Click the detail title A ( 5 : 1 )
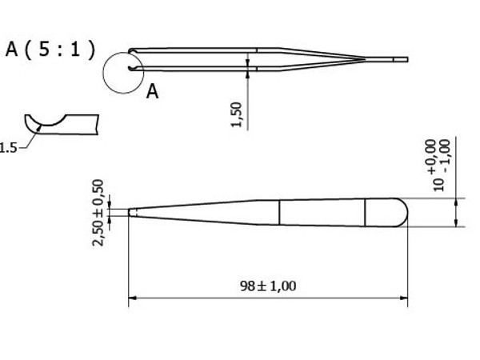(50, 50)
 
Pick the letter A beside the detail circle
(152, 92)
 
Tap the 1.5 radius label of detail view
(8, 147)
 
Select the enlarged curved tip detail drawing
(60, 124)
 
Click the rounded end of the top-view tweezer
(400, 212)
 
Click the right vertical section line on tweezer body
(366, 212)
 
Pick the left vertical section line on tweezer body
(278, 212)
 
